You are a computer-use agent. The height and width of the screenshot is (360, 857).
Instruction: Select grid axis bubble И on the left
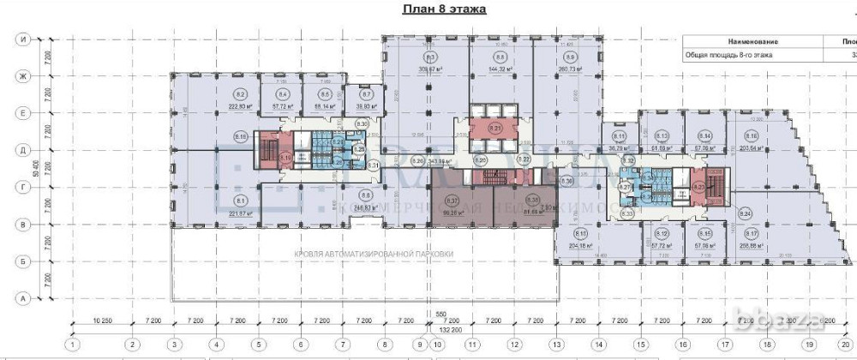(26, 39)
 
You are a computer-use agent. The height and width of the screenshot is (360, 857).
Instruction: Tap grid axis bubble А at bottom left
(26, 297)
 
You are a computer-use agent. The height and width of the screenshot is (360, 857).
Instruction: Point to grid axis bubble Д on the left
(26, 150)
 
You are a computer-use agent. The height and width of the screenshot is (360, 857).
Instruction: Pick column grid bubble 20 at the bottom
(846, 345)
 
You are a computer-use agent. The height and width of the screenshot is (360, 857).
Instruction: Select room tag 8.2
(241, 93)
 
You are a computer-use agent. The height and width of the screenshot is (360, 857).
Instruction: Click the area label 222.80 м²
(241, 107)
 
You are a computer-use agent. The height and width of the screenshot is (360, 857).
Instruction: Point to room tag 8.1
(241, 201)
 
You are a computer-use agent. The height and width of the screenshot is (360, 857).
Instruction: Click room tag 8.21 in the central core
(494, 127)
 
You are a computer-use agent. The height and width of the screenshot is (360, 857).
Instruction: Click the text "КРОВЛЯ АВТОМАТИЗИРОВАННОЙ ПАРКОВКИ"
(373, 255)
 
